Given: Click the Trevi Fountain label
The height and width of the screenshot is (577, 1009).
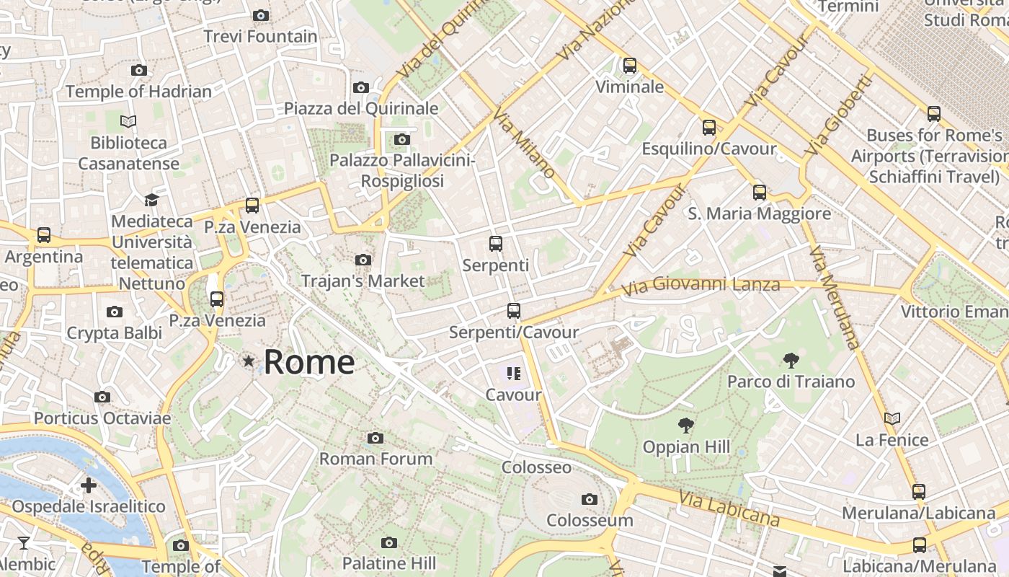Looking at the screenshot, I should pyautogui.click(x=260, y=36).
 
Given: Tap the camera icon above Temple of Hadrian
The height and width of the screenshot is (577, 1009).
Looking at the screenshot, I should pyautogui.click(x=139, y=71).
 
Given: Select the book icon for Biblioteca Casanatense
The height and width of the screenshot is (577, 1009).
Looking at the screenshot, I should pyautogui.click(x=128, y=121).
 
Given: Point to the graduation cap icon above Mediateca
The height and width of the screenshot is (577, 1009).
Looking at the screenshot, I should pyautogui.click(x=151, y=200).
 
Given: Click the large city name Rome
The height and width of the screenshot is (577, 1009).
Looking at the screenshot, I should pyautogui.click(x=309, y=361).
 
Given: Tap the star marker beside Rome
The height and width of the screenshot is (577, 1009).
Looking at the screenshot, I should pyautogui.click(x=249, y=361).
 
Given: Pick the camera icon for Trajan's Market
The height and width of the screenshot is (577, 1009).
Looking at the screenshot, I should pyautogui.click(x=363, y=260).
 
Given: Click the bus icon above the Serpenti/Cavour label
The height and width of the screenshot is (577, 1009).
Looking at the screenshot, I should pyautogui.click(x=513, y=311).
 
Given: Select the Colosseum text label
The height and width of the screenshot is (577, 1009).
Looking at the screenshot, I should pyautogui.click(x=590, y=520).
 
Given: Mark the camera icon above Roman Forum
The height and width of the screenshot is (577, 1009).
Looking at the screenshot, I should pyautogui.click(x=375, y=438).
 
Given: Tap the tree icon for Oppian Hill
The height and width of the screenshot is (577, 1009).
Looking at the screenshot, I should pyautogui.click(x=686, y=426).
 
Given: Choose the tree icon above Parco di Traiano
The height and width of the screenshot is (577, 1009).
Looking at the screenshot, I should pyautogui.click(x=791, y=360).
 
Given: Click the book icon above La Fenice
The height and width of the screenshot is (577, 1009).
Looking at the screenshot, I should pyautogui.click(x=892, y=418).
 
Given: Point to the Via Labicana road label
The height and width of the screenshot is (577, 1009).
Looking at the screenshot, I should pyautogui.click(x=729, y=508).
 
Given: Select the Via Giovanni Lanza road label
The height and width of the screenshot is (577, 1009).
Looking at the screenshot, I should pyautogui.click(x=701, y=286).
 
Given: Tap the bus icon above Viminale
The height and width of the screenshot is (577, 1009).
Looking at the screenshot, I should pyautogui.click(x=630, y=66).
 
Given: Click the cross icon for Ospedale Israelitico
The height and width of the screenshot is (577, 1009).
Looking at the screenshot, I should pyautogui.click(x=89, y=485).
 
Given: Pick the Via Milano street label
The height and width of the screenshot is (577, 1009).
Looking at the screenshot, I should pyautogui.click(x=525, y=144).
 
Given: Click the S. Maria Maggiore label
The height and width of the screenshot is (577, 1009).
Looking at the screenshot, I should pyautogui.click(x=759, y=213).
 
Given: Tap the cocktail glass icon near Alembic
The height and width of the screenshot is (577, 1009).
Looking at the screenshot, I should pyautogui.click(x=24, y=543).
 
